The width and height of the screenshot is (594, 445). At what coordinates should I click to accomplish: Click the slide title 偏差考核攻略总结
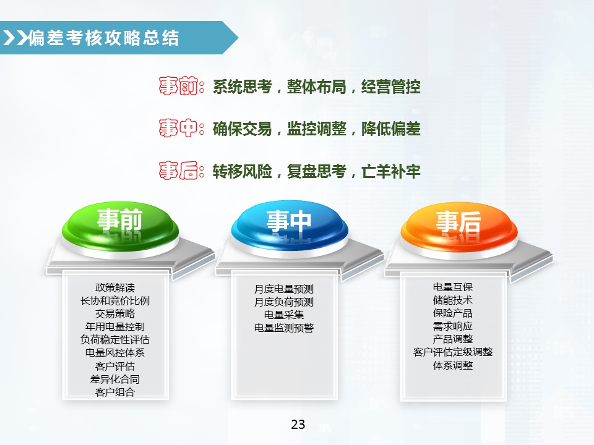(104, 38)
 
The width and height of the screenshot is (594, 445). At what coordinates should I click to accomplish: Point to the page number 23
(298, 425)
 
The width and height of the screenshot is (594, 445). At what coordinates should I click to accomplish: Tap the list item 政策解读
(115, 288)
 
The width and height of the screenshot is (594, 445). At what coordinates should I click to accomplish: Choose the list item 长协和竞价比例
(115, 301)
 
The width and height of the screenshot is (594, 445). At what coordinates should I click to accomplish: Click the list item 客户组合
(115, 392)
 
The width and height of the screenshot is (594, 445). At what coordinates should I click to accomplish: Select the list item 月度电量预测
(284, 289)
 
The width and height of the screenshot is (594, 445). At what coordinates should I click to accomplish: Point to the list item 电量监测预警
(284, 328)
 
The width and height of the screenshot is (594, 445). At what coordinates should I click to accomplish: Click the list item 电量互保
(453, 287)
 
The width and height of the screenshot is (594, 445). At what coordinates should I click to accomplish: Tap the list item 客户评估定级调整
(453, 352)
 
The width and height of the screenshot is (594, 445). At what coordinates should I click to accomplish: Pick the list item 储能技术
(453, 300)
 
